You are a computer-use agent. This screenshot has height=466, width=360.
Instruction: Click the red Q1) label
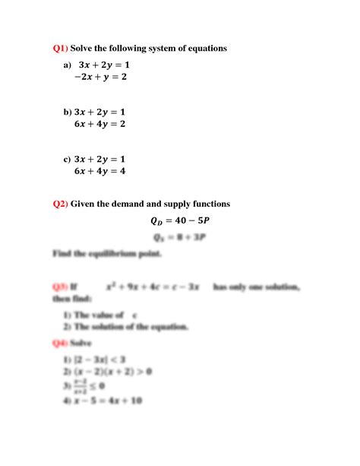(x=60, y=49)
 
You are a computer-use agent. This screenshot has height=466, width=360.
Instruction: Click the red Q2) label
(x=60, y=204)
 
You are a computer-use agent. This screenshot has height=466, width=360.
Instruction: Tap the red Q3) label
(x=60, y=287)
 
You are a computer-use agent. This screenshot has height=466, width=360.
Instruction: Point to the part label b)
(x=67, y=112)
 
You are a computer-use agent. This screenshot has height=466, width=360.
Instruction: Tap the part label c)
(x=67, y=159)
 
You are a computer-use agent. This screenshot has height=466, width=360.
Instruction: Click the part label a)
(x=67, y=66)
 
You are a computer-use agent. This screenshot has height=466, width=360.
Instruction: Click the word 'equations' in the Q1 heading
(x=204, y=49)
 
